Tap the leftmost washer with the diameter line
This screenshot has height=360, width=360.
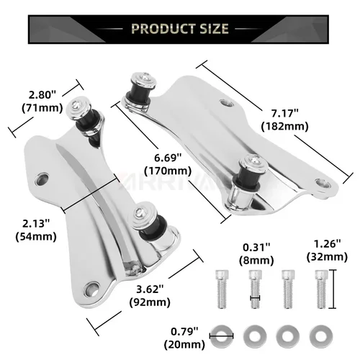[x=220, y=335]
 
